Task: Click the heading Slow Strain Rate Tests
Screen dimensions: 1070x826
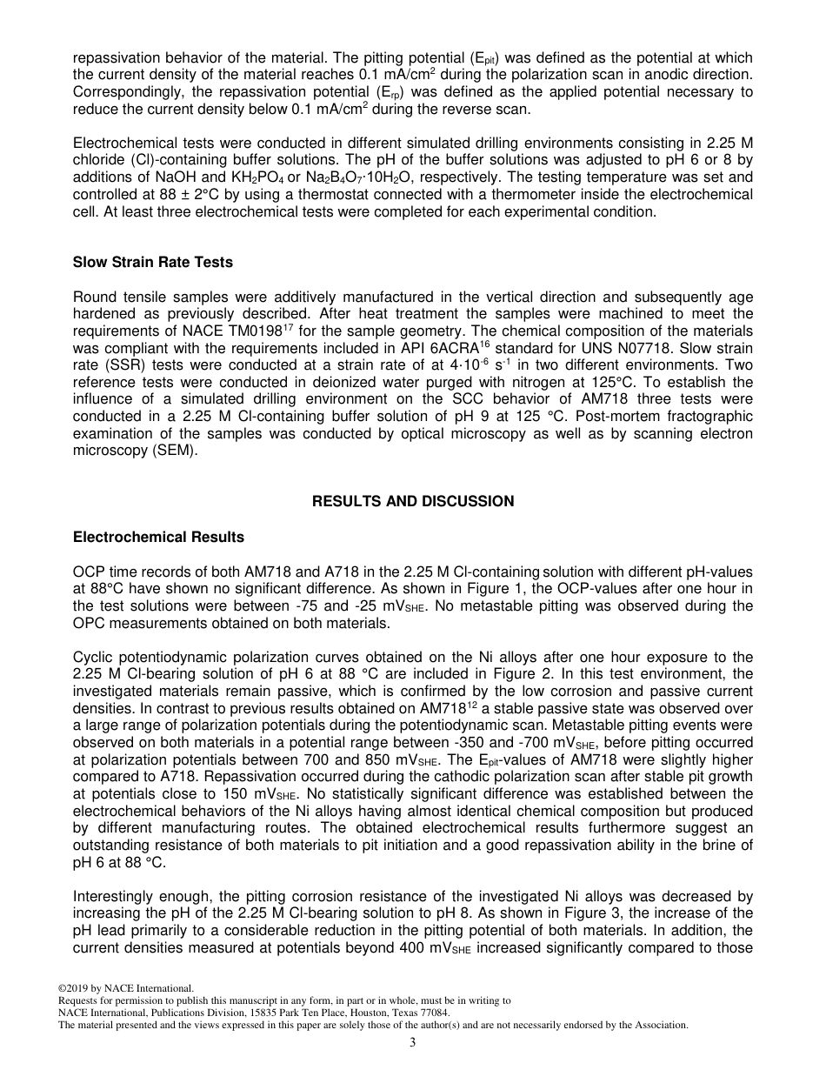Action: tap(153, 262)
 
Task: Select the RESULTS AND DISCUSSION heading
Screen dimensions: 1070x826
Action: tap(413, 501)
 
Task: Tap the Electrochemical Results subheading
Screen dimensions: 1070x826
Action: tap(158, 537)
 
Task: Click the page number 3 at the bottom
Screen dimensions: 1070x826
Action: tap(413, 1043)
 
